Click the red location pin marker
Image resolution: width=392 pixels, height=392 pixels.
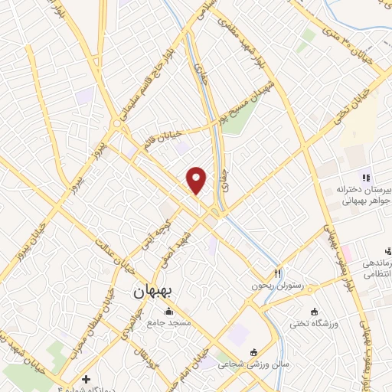coord(198,180)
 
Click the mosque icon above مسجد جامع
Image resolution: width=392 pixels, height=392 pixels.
coord(168,311)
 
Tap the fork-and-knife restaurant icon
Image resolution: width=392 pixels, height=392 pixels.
coord(279,273)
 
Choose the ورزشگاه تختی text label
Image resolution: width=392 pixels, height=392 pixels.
coord(313,323)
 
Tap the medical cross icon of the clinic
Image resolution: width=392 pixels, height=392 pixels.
coord(86,378)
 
